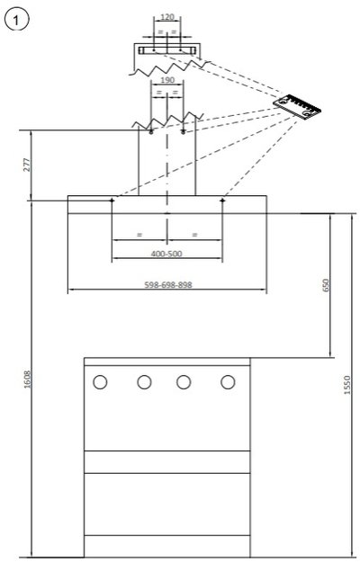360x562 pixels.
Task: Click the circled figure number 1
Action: pyautogui.click(x=16, y=20)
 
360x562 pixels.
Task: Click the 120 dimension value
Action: pyautogui.click(x=167, y=17)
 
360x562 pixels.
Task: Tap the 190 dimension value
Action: pyautogui.click(x=167, y=80)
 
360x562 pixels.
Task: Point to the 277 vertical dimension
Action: pyautogui.click(x=28, y=165)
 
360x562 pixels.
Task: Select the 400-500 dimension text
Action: pyautogui.click(x=166, y=254)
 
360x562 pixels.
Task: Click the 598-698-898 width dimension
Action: pyautogui.click(x=168, y=284)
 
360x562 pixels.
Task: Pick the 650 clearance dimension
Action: pyautogui.click(x=326, y=285)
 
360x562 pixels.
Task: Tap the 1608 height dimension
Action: pyautogui.click(x=28, y=379)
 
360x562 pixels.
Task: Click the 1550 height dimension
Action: pyautogui.click(x=347, y=385)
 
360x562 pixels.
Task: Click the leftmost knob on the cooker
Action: pyautogui.click(x=100, y=382)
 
